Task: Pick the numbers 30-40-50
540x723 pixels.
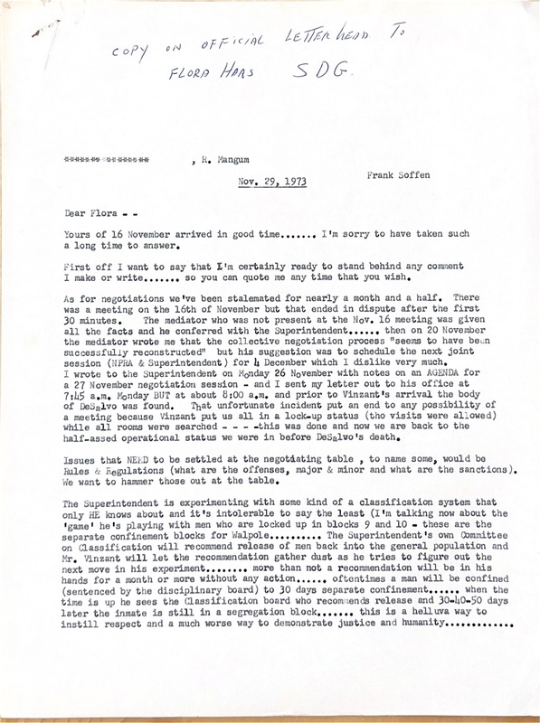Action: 464,641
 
